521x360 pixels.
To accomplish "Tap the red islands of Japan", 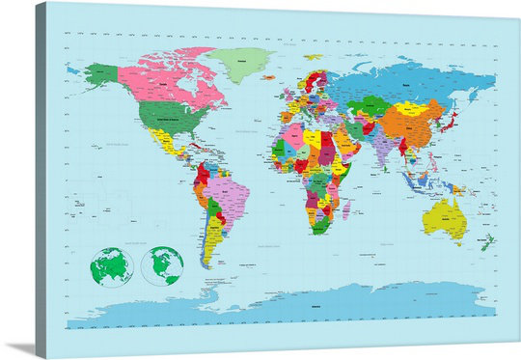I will [x=448, y=123].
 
